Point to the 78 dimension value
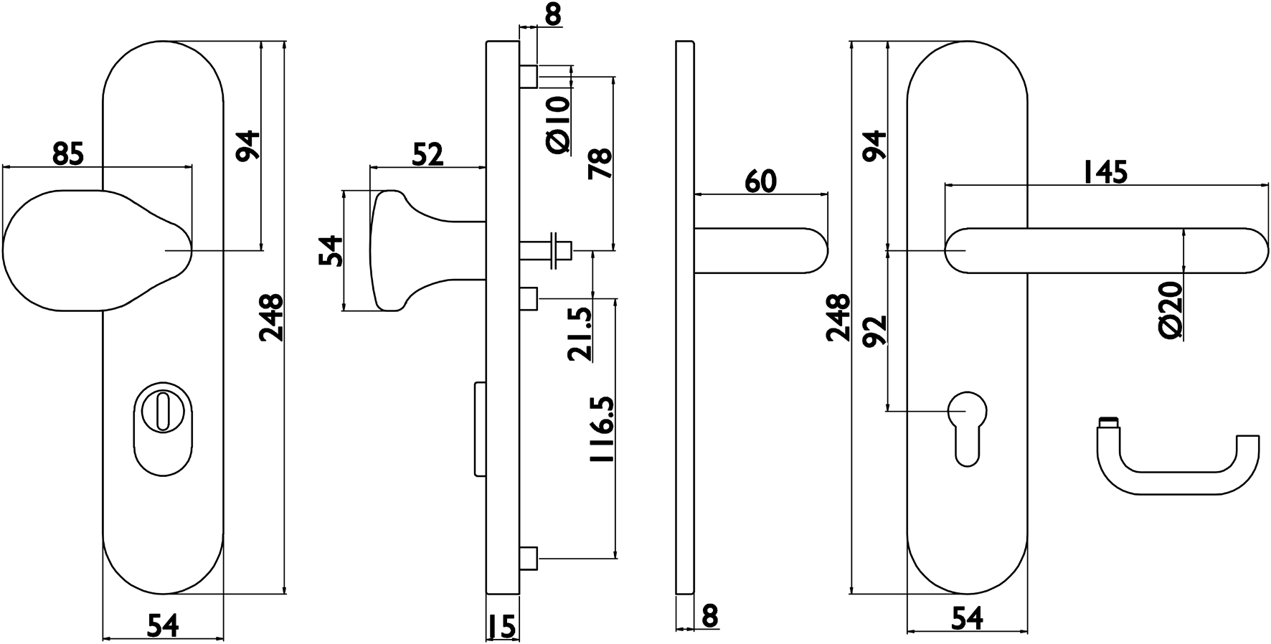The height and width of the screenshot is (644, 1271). click(600, 163)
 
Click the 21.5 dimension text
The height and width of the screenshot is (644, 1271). click(580, 334)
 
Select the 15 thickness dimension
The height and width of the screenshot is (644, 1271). click(502, 628)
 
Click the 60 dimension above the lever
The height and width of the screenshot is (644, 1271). click(760, 181)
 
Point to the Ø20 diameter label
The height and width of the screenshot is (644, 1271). click(1170, 310)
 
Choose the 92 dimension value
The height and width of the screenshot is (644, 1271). click(875, 331)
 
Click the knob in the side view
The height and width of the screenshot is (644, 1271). click(394, 250)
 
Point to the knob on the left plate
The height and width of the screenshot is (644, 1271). click(86, 250)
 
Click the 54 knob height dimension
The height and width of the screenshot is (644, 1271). click(332, 250)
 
